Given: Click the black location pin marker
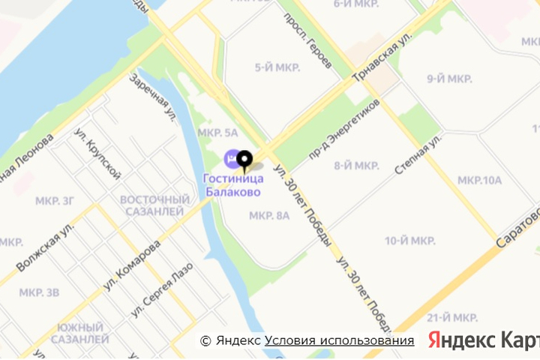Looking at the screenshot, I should click(244, 159).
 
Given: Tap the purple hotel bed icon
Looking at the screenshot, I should click(229, 158).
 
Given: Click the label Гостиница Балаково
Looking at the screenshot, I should click(232, 184).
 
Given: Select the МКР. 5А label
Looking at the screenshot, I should click(217, 133).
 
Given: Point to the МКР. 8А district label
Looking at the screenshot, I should click(268, 216).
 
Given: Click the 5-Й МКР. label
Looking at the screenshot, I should click(277, 67).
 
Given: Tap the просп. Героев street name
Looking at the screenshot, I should click(307, 41).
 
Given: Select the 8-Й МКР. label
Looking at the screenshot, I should click(356, 166).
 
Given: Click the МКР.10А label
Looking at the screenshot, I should click(479, 180).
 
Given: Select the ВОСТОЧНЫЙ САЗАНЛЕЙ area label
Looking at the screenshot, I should click(154, 205).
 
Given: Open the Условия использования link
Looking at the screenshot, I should click(339, 340).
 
